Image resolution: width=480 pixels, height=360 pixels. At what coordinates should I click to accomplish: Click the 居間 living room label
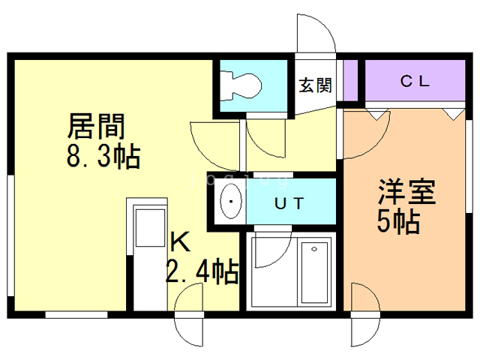point(96,124)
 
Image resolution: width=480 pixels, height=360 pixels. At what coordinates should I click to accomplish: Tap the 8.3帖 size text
point(103,157)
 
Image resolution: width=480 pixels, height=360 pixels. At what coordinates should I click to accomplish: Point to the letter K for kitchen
point(179,241)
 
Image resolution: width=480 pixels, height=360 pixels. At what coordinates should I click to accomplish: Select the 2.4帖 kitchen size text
point(202,270)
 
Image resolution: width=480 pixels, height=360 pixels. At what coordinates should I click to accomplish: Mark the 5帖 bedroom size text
point(398,223)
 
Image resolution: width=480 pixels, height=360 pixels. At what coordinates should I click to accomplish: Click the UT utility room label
point(289,202)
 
